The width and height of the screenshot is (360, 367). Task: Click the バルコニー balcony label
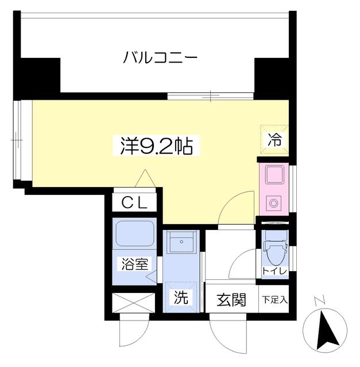[x=160, y=57]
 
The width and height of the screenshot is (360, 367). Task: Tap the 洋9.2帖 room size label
[x=157, y=146]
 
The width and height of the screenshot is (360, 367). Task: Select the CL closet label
[x=134, y=202]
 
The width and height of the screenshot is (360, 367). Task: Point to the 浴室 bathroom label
[x=134, y=264]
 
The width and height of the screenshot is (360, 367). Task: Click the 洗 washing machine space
[x=181, y=297]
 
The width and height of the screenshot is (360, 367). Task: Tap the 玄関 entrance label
[x=231, y=300]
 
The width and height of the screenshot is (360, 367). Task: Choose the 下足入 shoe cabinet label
[x=274, y=299]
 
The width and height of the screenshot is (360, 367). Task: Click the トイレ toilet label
[x=274, y=271]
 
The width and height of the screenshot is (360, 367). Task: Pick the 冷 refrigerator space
[x=274, y=139]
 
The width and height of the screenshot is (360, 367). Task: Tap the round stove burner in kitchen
[x=273, y=203]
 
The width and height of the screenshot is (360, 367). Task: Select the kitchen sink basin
[x=274, y=175]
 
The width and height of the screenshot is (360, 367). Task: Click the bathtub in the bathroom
[x=135, y=233]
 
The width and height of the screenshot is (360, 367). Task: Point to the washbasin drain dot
[x=181, y=241]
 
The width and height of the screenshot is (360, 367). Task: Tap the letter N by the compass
[x=319, y=302]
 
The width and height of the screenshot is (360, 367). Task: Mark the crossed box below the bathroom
[x=134, y=303]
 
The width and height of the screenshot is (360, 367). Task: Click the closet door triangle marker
[x=145, y=178]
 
